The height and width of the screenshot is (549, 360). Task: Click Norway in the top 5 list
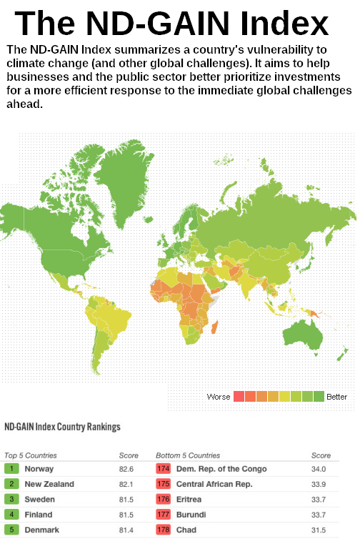(x=39, y=469)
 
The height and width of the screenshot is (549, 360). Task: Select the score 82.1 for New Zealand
(x=126, y=484)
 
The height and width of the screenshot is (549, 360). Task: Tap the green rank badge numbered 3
(x=11, y=499)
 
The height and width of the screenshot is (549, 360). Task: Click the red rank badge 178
(x=163, y=530)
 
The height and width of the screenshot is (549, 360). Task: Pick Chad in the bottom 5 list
(x=186, y=530)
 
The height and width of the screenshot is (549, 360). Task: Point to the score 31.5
(x=319, y=530)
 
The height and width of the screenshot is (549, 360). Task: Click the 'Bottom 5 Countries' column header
(x=188, y=455)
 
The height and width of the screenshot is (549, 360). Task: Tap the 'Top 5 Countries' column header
(x=31, y=455)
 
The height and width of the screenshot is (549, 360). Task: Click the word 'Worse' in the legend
(x=218, y=396)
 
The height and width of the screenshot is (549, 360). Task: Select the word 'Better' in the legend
(x=336, y=396)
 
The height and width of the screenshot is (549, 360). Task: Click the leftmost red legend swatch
(x=239, y=396)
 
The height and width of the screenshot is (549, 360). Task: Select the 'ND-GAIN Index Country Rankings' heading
(x=63, y=427)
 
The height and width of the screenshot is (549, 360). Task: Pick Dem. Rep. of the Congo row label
(x=221, y=469)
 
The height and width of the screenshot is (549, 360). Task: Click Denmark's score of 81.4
(x=126, y=530)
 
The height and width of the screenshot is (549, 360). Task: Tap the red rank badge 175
(x=163, y=484)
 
